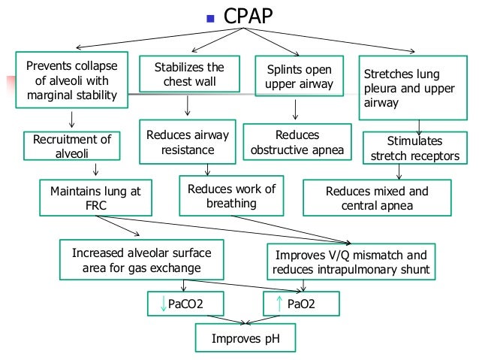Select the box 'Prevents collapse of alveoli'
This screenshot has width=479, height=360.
(71, 79)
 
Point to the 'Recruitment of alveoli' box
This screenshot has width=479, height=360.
(71, 146)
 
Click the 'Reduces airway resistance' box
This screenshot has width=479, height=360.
(188, 142)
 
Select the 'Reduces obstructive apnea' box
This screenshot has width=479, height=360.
(298, 142)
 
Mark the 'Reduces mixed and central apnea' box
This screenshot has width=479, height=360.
(377, 198)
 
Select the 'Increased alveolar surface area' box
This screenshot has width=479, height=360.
(137, 260)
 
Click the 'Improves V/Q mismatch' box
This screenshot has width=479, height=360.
(351, 262)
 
